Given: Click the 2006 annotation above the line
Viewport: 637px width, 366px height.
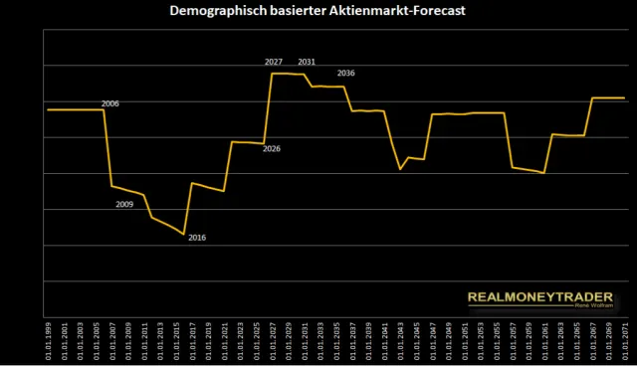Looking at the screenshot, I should pyautogui.click(x=110, y=103).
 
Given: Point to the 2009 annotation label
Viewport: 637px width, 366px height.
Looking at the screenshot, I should pyautogui.click(x=124, y=204).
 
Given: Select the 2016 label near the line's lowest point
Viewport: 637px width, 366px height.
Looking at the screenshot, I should pyautogui.click(x=197, y=237).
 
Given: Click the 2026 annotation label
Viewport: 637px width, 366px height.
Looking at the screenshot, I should pyautogui.click(x=272, y=149).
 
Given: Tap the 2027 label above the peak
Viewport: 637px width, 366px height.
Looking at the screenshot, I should pyautogui.click(x=274, y=62).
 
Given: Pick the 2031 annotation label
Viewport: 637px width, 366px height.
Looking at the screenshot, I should pyautogui.click(x=307, y=62).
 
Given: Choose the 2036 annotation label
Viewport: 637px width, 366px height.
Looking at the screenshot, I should pyautogui.click(x=346, y=73).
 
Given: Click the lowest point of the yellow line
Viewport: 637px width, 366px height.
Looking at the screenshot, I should pyautogui.click(x=183, y=235).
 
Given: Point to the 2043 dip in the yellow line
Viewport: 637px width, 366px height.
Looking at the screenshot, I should pyautogui.click(x=400, y=170).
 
